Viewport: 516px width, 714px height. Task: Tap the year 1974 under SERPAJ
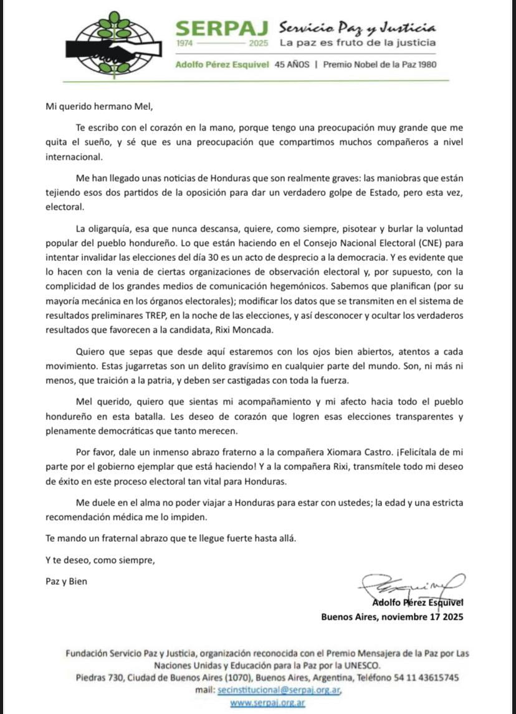(186, 44)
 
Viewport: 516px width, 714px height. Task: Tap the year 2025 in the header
(258, 44)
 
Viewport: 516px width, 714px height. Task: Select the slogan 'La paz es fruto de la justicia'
(358, 43)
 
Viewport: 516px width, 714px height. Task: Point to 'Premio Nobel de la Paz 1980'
(380, 64)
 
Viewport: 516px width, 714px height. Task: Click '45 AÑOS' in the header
(292, 64)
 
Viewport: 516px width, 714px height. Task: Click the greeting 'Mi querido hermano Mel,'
(98, 105)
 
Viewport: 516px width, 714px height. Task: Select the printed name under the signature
(418, 602)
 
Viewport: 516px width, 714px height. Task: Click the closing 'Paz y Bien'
(67, 581)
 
